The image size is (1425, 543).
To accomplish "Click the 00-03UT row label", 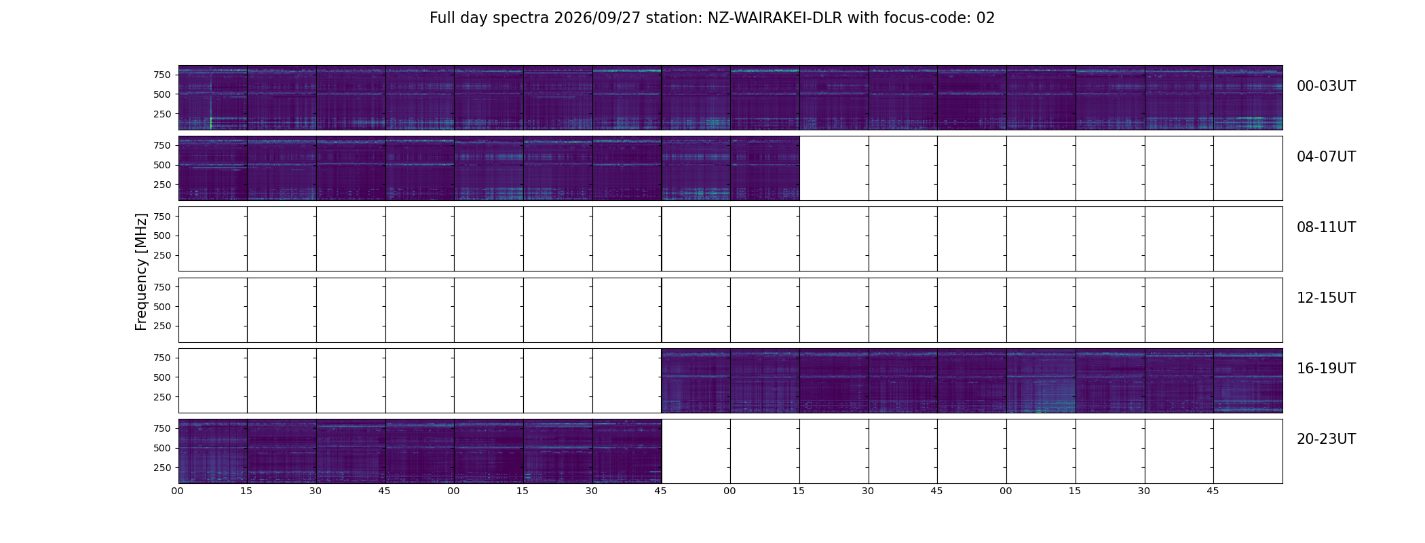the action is coord(1326,86).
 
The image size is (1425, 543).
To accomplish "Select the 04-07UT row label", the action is coord(1326,157).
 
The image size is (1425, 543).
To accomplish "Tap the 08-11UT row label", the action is coord(1326,227).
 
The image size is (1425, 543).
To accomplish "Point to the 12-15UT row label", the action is coord(1326,298).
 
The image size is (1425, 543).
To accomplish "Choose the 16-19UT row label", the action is coord(1326,369).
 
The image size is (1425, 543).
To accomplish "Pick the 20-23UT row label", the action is coord(1326,439).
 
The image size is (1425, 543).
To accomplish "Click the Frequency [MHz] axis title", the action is coord(141,271).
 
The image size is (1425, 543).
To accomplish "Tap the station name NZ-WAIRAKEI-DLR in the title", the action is coord(775,18).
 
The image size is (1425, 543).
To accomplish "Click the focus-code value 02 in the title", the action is coord(985,18).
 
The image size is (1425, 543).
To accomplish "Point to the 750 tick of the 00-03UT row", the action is coord(161,75).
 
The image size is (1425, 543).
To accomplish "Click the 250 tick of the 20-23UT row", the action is coord(161,468).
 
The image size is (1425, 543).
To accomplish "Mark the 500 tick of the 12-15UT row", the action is coord(161,307).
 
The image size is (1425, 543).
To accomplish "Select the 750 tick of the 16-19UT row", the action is coord(161,358).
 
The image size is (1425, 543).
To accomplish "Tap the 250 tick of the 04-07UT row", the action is coord(161,185).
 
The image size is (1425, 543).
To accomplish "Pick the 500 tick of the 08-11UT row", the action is coord(161,236).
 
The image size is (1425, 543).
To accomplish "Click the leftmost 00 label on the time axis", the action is coord(178,491).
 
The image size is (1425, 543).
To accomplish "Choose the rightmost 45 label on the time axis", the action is coord(1213,491).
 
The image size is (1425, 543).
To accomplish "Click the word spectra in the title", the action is coord(520,19).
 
